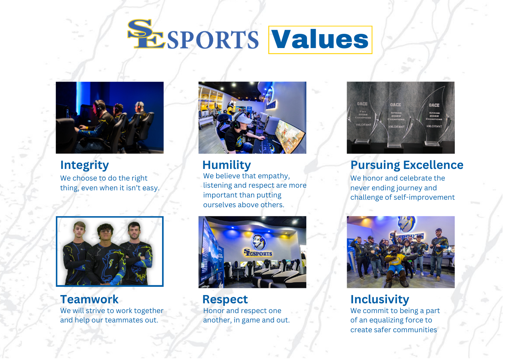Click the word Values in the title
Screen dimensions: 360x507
[x=320, y=39]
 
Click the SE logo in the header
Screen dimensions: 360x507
[x=146, y=34]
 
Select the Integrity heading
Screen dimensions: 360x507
[x=84, y=165]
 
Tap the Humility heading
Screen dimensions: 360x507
[x=226, y=165]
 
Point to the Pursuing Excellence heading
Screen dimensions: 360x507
[x=407, y=165]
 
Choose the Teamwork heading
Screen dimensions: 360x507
[x=89, y=300]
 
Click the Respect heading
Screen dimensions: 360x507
[x=225, y=300]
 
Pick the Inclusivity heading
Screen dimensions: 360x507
[x=379, y=300]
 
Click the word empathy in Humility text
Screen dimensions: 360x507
[x=274, y=176]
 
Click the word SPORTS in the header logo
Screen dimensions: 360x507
[x=212, y=40]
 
